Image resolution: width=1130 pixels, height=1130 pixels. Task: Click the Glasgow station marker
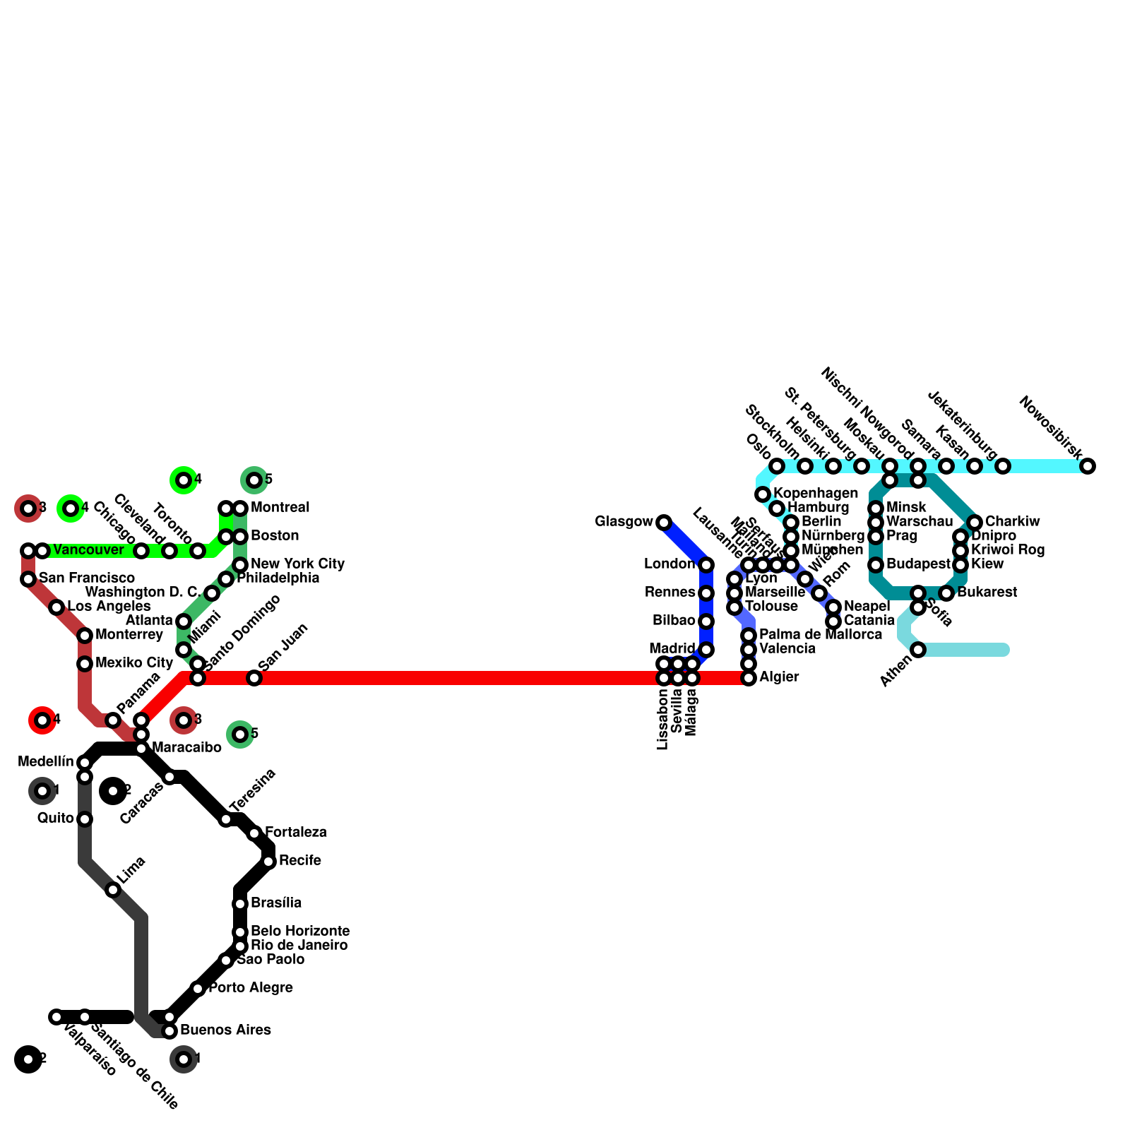pyautogui.click(x=664, y=523)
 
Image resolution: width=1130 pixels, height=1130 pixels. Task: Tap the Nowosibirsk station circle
pyautogui.click(x=1088, y=466)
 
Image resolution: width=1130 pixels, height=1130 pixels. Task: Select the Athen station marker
pyautogui.click(x=918, y=650)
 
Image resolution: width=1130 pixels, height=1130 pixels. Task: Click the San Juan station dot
pyautogui.click(x=254, y=678)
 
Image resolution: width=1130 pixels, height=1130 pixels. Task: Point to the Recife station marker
pyautogui.click(x=268, y=862)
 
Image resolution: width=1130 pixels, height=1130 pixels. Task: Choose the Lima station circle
pyautogui.click(x=113, y=890)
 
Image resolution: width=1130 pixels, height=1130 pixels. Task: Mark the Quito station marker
pyautogui.click(x=85, y=819)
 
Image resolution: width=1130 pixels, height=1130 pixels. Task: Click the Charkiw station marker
pyautogui.click(x=975, y=523)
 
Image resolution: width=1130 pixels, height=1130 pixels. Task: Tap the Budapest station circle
pyautogui.click(x=876, y=565)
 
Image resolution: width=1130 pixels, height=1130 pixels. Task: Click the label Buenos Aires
pyautogui.click(x=225, y=1030)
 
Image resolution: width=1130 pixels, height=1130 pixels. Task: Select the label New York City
pyautogui.click(x=297, y=564)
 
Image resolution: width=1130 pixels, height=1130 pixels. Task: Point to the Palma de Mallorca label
pyautogui.click(x=820, y=635)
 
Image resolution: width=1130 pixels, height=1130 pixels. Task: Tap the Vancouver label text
pyautogui.click(x=88, y=550)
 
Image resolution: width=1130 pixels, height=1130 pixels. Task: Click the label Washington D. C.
pyautogui.click(x=142, y=592)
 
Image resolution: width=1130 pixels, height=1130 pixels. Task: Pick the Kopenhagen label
pyautogui.click(x=816, y=493)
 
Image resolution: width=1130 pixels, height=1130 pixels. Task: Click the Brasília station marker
pyautogui.click(x=240, y=904)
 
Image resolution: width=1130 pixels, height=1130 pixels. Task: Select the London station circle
pyautogui.click(x=706, y=565)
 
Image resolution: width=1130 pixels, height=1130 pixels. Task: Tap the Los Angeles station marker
pyautogui.click(x=56, y=607)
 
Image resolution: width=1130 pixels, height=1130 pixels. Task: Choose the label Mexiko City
pyautogui.click(x=134, y=663)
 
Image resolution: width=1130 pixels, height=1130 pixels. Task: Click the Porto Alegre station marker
pyautogui.click(x=198, y=989)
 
